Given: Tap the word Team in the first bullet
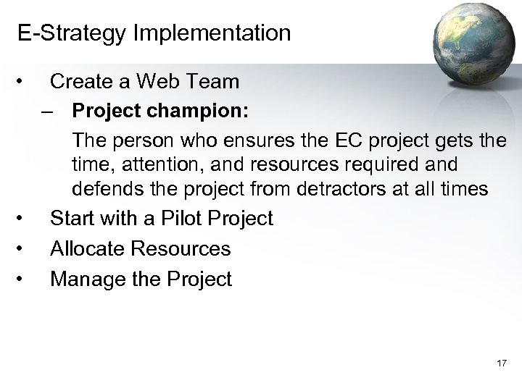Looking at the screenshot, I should coord(210,82).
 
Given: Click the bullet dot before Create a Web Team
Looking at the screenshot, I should coord(25,79).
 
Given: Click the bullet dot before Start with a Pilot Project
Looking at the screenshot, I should coord(25,215).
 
